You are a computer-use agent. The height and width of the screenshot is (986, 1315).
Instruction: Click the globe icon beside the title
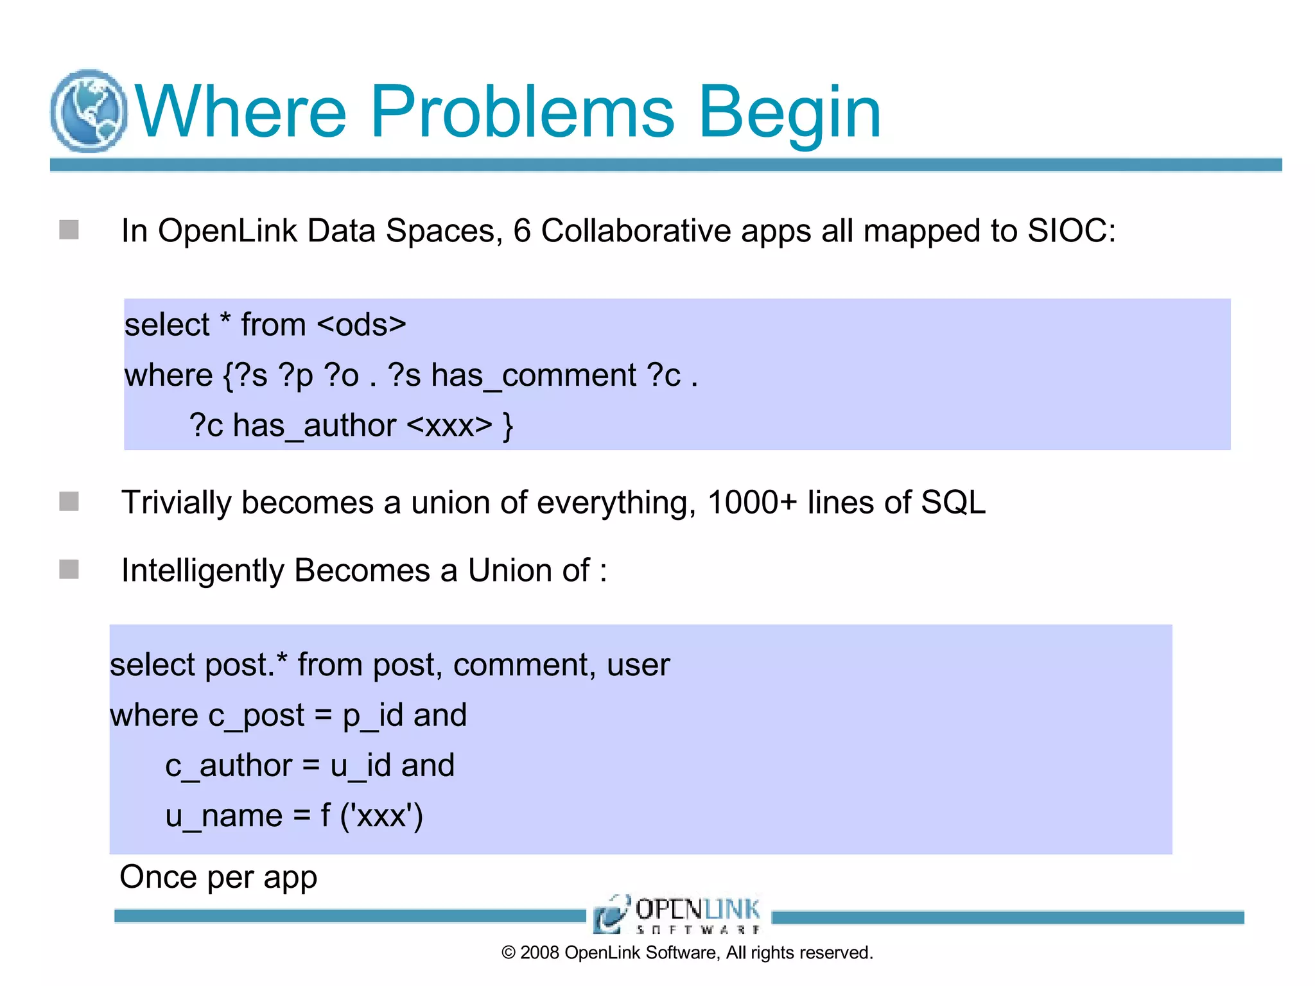tap(89, 111)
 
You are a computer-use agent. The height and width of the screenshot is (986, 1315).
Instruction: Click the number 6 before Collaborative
tap(522, 231)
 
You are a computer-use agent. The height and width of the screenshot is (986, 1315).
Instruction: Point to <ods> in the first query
tap(361, 325)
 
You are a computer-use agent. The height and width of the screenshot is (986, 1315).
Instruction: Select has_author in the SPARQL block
tap(315, 426)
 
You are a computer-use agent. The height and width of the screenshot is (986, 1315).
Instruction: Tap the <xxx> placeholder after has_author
tap(449, 426)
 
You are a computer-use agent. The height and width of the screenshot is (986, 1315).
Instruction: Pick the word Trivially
tap(176, 503)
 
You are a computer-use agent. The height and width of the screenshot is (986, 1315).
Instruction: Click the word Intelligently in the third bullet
tap(202, 571)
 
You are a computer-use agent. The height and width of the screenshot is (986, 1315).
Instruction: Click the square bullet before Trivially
tap(69, 501)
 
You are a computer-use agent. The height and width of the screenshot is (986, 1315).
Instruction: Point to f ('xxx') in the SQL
tap(371, 817)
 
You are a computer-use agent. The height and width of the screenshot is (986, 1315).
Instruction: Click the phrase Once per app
tap(218, 878)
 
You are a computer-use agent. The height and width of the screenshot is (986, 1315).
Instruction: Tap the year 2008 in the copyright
tap(539, 953)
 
